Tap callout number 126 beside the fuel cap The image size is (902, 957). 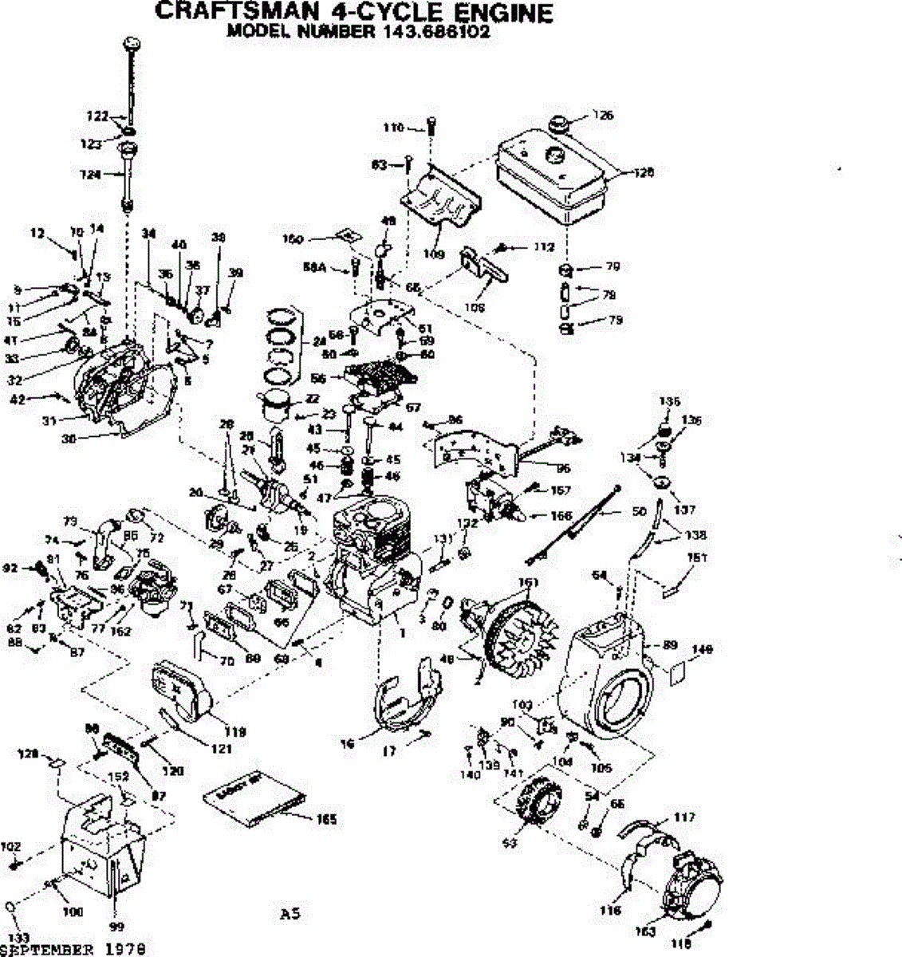(603, 115)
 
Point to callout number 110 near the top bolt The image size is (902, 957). (392, 127)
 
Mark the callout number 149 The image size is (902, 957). (702, 649)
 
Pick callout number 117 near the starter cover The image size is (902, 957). (683, 817)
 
